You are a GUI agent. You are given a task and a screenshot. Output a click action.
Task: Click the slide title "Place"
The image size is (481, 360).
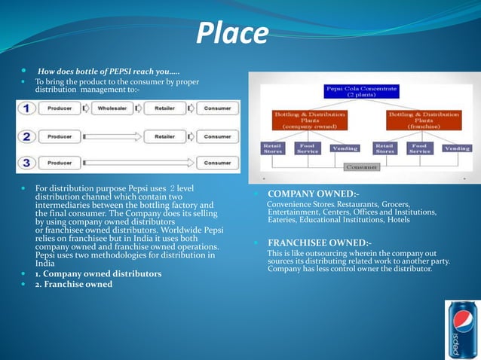(x=231, y=33)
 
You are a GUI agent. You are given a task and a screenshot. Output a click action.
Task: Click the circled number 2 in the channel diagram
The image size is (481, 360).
(x=27, y=136)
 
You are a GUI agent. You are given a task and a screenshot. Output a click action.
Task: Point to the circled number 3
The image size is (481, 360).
(x=27, y=163)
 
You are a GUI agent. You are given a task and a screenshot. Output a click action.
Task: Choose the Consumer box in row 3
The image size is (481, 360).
(x=217, y=163)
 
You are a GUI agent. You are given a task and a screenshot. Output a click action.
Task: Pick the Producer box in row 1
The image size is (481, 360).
(x=60, y=108)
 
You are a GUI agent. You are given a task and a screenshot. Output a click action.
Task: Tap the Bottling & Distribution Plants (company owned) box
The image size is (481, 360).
(x=309, y=119)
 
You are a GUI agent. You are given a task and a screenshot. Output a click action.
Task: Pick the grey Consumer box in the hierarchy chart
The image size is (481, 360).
(x=361, y=166)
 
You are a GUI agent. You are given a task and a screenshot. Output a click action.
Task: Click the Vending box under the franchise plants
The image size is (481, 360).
(x=456, y=148)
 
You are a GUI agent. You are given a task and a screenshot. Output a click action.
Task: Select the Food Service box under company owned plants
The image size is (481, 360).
(x=308, y=148)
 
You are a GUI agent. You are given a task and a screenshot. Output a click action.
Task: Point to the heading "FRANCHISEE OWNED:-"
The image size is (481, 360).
(x=319, y=243)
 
